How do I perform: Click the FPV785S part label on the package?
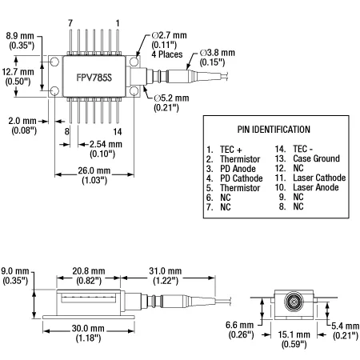tap(94, 78)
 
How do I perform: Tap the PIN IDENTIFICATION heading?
tap(274, 130)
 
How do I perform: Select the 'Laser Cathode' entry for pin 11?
tap(319, 178)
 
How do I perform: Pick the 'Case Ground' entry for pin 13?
tap(316, 158)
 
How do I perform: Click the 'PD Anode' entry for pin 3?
tap(238, 169)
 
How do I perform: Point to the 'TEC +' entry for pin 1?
tap(231, 150)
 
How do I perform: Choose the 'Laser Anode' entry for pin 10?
tap(316, 187)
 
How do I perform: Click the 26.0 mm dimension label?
tap(94, 170)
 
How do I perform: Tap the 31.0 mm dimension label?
tap(166, 271)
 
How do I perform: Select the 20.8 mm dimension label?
tap(89, 271)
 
